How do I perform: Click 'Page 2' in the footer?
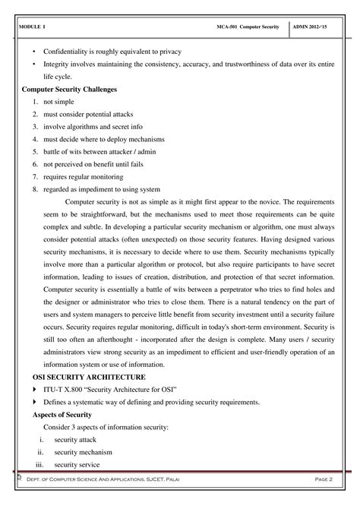pyautogui.click(x=322, y=482)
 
